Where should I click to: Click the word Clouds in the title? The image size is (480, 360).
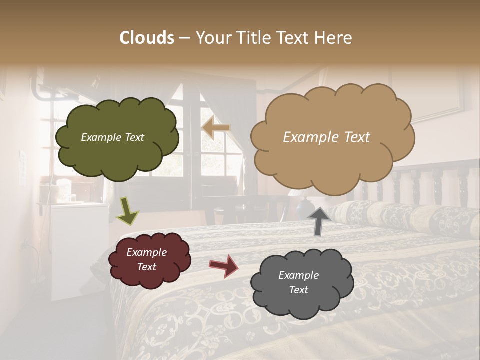tap(147, 38)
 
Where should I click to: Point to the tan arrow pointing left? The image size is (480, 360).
tap(216, 128)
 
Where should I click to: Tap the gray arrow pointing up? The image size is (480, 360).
tap(318, 221)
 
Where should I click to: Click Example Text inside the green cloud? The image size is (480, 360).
tap(112, 137)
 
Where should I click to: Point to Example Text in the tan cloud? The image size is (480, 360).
tap(326, 137)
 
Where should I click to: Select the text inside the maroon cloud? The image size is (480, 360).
tap(146, 259)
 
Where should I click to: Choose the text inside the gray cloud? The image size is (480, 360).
tap(298, 282)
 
